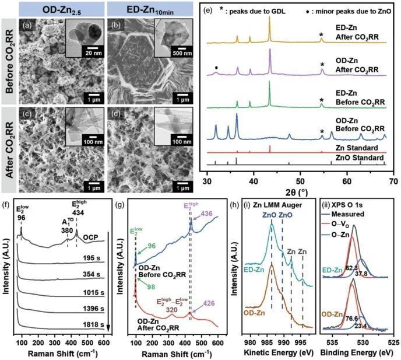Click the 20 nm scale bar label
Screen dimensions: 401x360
pyautogui.click(x=94, y=53)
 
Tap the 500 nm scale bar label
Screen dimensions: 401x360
pyautogui.click(x=182, y=53)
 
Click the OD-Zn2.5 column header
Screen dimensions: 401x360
pyautogui.click(x=62, y=10)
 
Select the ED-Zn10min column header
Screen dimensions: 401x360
pyautogui.click(x=150, y=10)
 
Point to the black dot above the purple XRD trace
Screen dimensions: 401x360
pyautogui.click(x=217, y=68)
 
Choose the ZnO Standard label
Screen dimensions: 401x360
pyautogui.click(x=360, y=158)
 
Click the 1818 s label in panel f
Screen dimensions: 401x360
pyautogui.click(x=93, y=324)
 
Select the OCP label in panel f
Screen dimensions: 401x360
pyautogui.click(x=90, y=237)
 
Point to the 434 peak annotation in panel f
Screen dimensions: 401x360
pyautogui.click(x=78, y=213)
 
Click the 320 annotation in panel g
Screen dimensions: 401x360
pyautogui.click(x=171, y=310)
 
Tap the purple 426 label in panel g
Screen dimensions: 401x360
pyautogui.click(x=209, y=303)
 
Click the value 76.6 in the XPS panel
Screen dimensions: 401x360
pyautogui.click(x=351, y=319)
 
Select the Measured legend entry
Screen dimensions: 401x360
pyautogui.click(x=347, y=214)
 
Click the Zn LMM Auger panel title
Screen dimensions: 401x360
pyautogui.click(x=277, y=205)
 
